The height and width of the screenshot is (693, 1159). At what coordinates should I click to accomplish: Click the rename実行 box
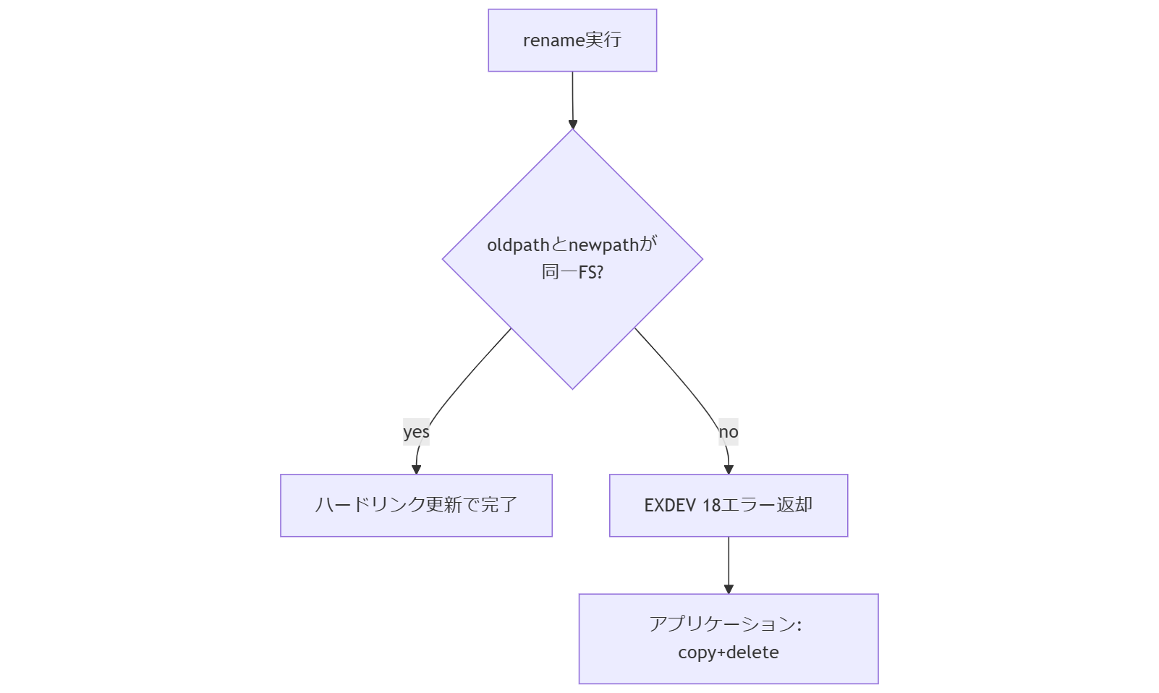(x=572, y=41)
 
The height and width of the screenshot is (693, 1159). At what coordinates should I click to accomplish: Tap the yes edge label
(x=416, y=432)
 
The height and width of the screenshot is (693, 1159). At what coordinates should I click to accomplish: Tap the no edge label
(x=729, y=432)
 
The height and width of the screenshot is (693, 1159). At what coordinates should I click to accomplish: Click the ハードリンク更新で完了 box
(x=416, y=506)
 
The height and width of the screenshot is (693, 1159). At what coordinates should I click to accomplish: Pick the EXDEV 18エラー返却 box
(x=729, y=506)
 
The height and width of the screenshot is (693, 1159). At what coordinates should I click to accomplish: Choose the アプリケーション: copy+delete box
(x=729, y=639)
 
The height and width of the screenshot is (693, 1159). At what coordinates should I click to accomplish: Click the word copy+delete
(x=729, y=652)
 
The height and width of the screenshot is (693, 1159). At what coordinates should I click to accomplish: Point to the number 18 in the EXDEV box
(x=711, y=505)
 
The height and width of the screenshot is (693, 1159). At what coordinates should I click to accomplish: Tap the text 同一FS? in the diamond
(x=572, y=273)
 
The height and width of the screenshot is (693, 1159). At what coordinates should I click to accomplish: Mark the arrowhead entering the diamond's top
(x=573, y=124)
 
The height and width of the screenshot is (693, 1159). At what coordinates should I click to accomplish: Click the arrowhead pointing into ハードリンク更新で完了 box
(x=416, y=469)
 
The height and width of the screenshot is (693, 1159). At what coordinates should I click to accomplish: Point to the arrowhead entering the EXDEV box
(x=729, y=469)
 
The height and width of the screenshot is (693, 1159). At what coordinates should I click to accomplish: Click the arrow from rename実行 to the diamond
(x=572, y=98)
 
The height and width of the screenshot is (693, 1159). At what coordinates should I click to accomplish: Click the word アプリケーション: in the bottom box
(x=726, y=624)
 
